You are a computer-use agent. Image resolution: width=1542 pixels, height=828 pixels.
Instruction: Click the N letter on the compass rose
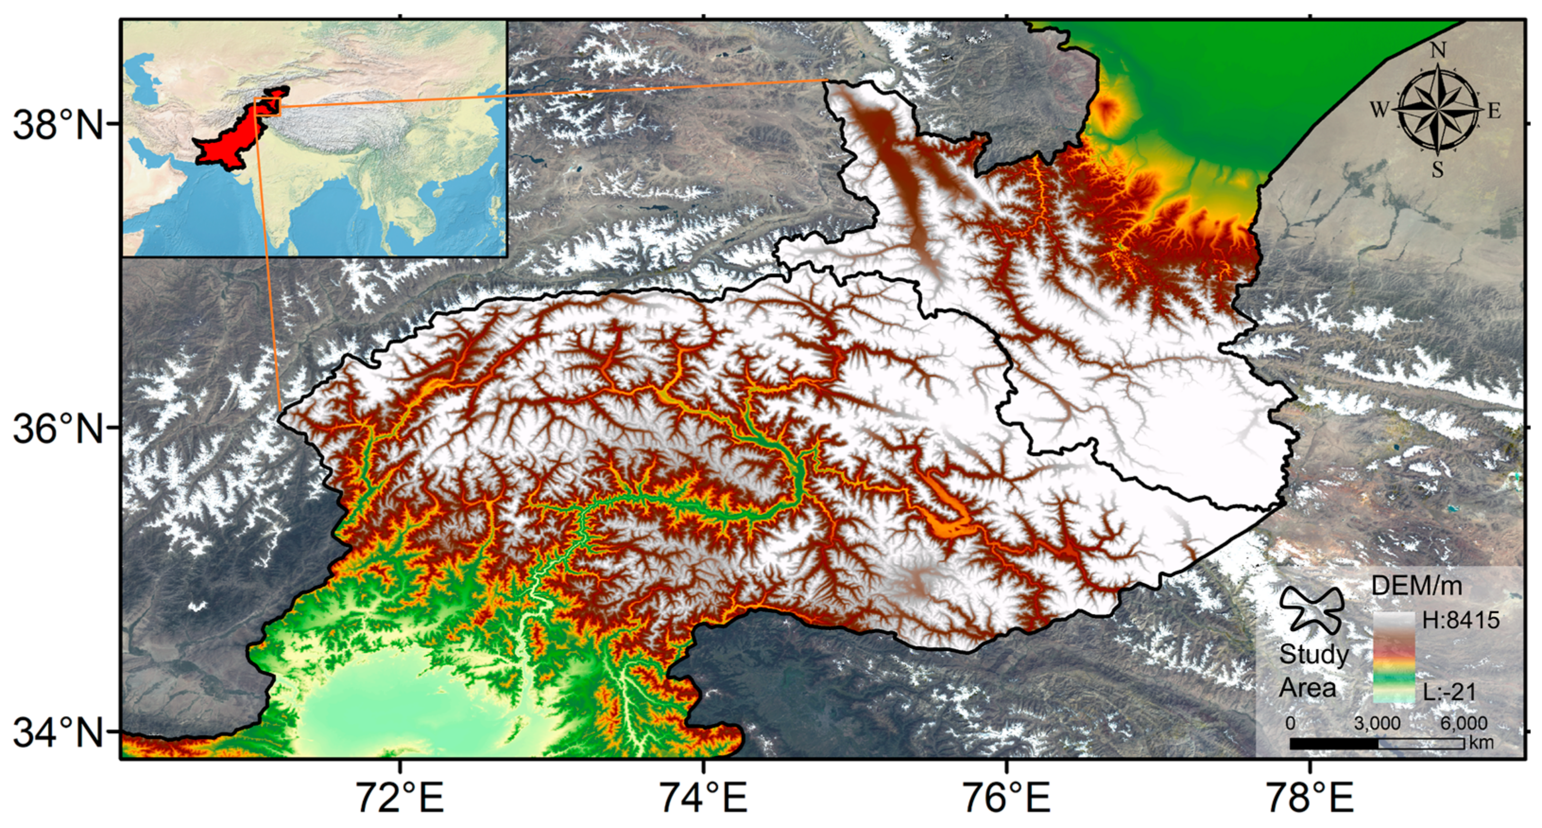tap(1438, 51)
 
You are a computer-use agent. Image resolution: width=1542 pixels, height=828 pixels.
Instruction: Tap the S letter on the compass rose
tap(1438, 170)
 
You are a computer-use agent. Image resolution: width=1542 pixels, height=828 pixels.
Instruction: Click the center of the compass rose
tap(1438, 110)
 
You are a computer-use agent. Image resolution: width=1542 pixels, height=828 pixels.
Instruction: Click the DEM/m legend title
tap(1416, 586)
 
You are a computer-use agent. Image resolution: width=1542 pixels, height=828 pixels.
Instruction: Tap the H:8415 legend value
tap(1461, 620)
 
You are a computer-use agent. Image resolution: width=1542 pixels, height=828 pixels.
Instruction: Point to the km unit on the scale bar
tap(1481, 743)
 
